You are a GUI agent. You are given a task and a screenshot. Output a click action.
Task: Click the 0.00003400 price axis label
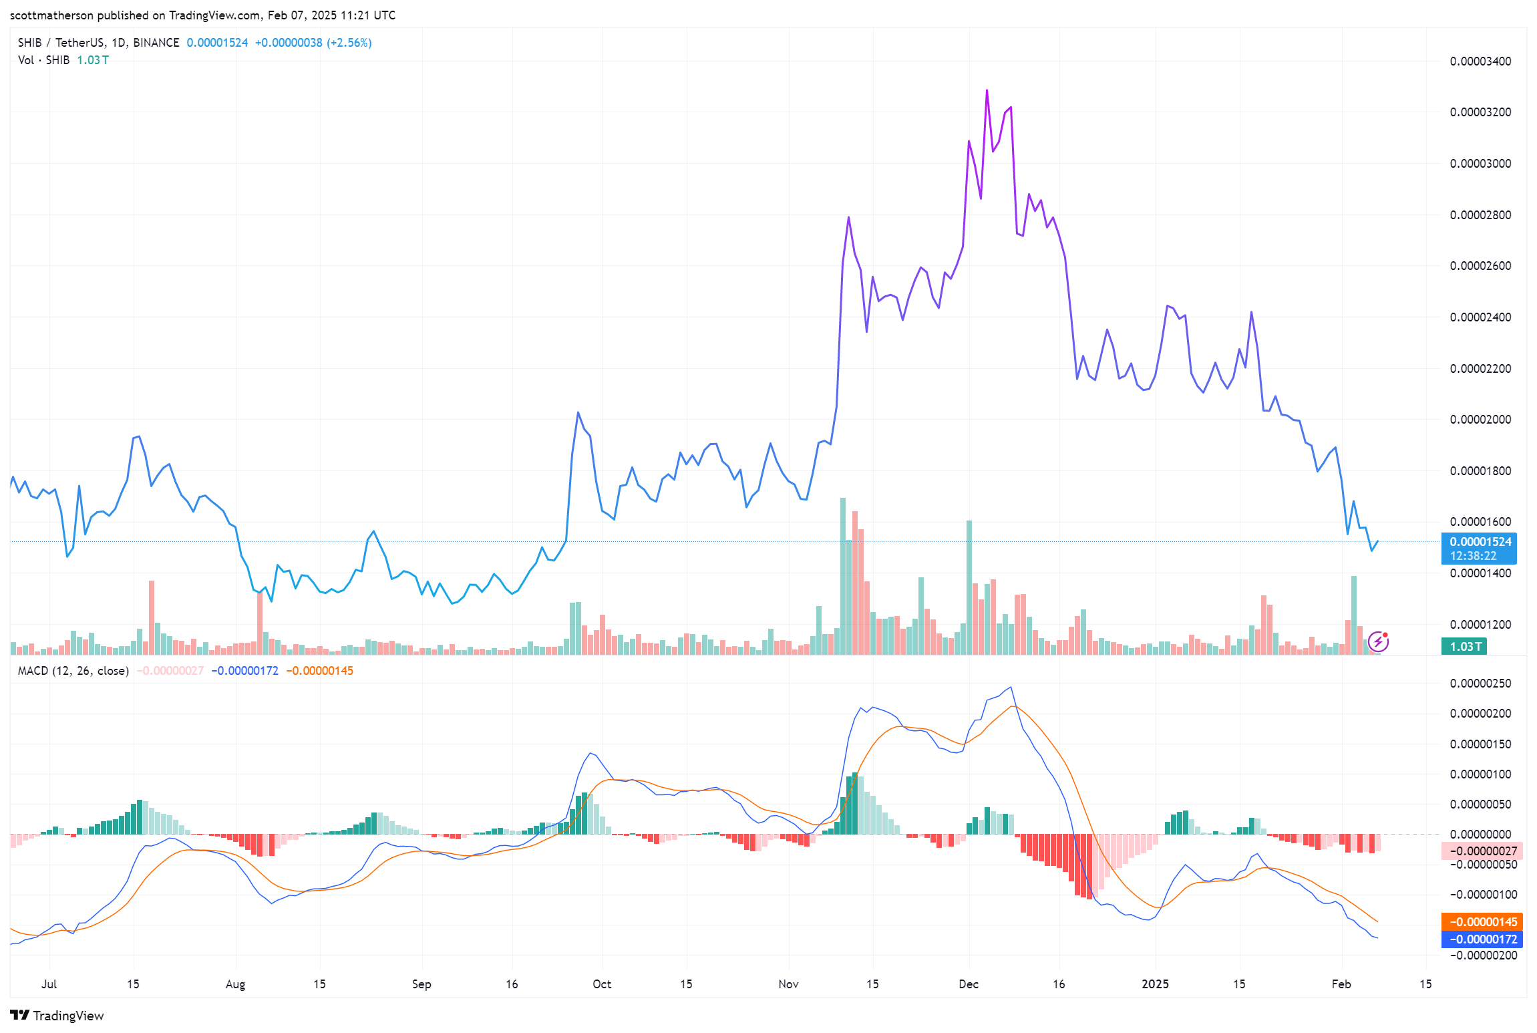click(x=1480, y=61)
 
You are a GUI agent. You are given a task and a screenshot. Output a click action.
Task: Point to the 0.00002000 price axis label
click(x=1480, y=420)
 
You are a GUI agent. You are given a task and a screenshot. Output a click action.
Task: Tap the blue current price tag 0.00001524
click(x=1480, y=542)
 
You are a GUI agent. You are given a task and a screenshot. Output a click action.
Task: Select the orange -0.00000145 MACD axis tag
click(x=1482, y=921)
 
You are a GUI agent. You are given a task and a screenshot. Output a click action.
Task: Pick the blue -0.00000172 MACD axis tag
click(x=1482, y=939)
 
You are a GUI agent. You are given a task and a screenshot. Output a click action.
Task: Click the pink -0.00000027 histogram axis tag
click(x=1482, y=851)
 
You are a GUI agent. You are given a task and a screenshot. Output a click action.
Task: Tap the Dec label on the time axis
click(x=969, y=984)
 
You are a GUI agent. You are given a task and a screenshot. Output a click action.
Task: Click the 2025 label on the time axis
click(x=1155, y=984)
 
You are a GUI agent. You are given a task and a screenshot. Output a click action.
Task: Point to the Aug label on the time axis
click(x=235, y=984)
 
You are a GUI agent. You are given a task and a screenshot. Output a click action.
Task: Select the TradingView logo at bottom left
click(x=57, y=1016)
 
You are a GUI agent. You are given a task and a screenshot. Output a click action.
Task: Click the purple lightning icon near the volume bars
click(x=1378, y=641)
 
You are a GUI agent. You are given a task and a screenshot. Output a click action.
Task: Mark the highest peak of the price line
click(x=987, y=90)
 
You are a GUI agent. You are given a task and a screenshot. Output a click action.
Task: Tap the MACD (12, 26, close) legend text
click(x=73, y=670)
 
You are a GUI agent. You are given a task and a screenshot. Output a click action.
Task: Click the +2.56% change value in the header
click(x=349, y=43)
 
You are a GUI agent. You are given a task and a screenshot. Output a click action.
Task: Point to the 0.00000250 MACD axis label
click(x=1480, y=684)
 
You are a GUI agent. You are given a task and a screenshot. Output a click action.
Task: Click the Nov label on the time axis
click(x=788, y=984)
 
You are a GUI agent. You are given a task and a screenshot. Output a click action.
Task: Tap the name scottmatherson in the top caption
click(x=52, y=15)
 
